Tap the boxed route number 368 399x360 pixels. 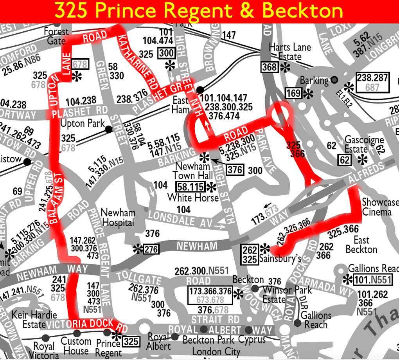270,67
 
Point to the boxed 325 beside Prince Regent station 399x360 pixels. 131,341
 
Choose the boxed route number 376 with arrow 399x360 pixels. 235,169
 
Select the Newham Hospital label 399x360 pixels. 118,218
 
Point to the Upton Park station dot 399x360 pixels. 108,129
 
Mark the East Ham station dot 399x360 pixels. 200,90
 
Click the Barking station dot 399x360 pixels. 334,80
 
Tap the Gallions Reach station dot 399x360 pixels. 297,323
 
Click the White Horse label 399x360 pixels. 193,198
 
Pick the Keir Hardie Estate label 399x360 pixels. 34,319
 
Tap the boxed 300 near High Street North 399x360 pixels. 166,53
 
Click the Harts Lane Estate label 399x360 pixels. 290,52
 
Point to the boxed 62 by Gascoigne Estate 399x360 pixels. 345,160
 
